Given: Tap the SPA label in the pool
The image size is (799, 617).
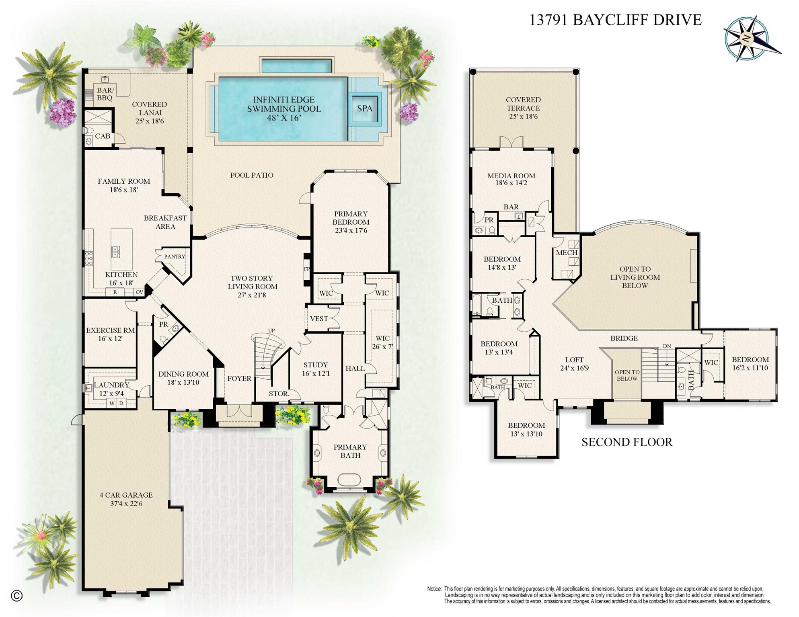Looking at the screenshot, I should (364, 109).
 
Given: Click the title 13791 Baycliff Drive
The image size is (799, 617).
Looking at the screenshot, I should (615, 20).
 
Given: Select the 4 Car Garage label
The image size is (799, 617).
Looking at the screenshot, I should (126, 495).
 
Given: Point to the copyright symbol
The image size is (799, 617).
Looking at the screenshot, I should (16, 596).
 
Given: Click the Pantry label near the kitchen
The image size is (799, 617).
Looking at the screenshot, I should (175, 256).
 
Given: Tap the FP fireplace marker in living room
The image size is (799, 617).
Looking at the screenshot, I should (307, 269).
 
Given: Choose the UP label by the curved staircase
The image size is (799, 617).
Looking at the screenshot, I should (271, 331).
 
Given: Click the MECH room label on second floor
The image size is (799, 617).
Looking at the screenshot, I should (567, 253).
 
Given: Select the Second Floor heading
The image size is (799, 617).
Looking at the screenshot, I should (626, 442).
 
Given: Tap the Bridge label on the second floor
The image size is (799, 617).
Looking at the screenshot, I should (624, 338).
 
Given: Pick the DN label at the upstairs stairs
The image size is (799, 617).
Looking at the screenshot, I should (667, 346).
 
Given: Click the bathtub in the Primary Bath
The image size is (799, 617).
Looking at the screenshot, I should (350, 480).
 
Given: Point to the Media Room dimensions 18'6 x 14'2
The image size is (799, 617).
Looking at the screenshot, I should (511, 183).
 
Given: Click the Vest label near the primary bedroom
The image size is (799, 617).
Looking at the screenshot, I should (319, 319).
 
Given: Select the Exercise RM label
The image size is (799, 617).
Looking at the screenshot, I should (111, 330).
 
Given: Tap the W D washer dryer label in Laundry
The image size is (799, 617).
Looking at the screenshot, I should (117, 403).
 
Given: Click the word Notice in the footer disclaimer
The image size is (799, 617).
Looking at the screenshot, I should (434, 589).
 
